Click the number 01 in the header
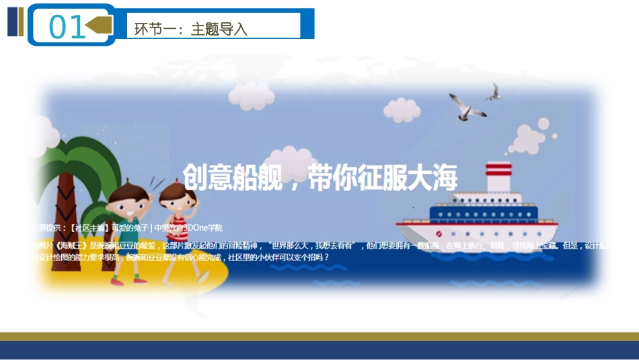click(x=67, y=27)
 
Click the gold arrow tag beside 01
click(x=100, y=26)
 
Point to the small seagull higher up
click(x=494, y=93)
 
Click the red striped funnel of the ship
click(x=498, y=176)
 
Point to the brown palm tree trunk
click(x=67, y=202)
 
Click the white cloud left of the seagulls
click(x=402, y=109)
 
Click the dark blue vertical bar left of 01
click(x=11, y=22)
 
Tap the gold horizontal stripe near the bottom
click(x=319, y=336)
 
